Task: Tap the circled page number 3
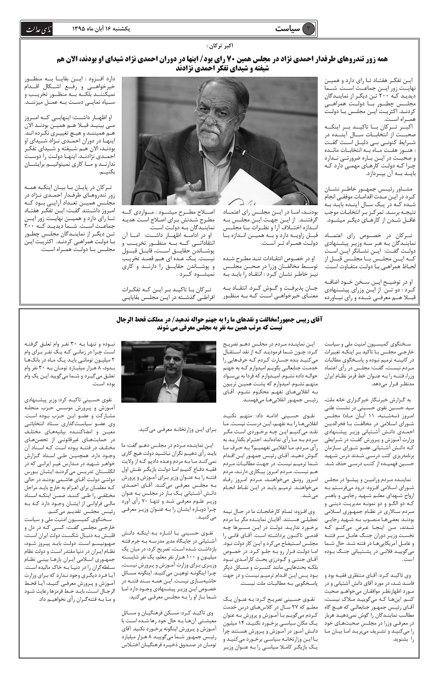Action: pyautogui.click(x=310, y=29)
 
